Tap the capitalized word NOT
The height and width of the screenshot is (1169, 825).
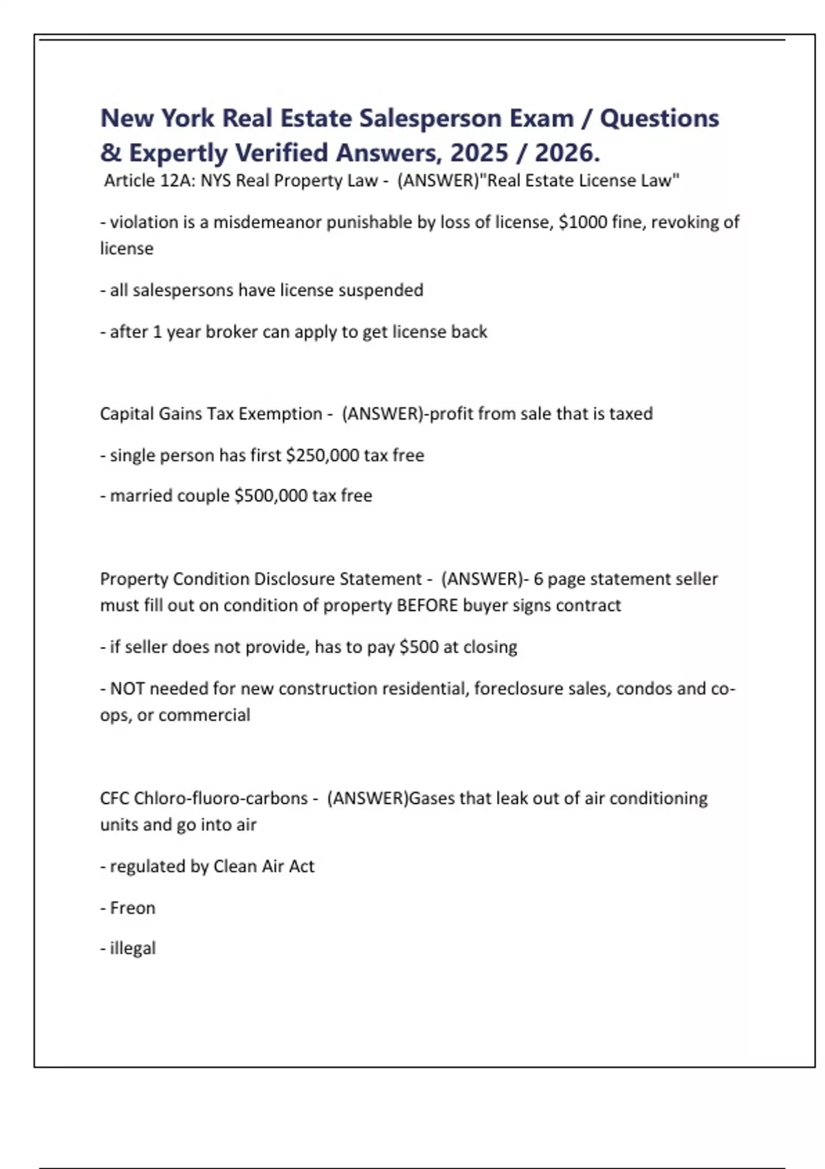tap(127, 688)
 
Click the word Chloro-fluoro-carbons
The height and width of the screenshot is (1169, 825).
tap(221, 798)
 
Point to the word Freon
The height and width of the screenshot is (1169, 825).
tap(133, 908)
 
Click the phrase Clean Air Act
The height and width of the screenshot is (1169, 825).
tap(264, 866)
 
